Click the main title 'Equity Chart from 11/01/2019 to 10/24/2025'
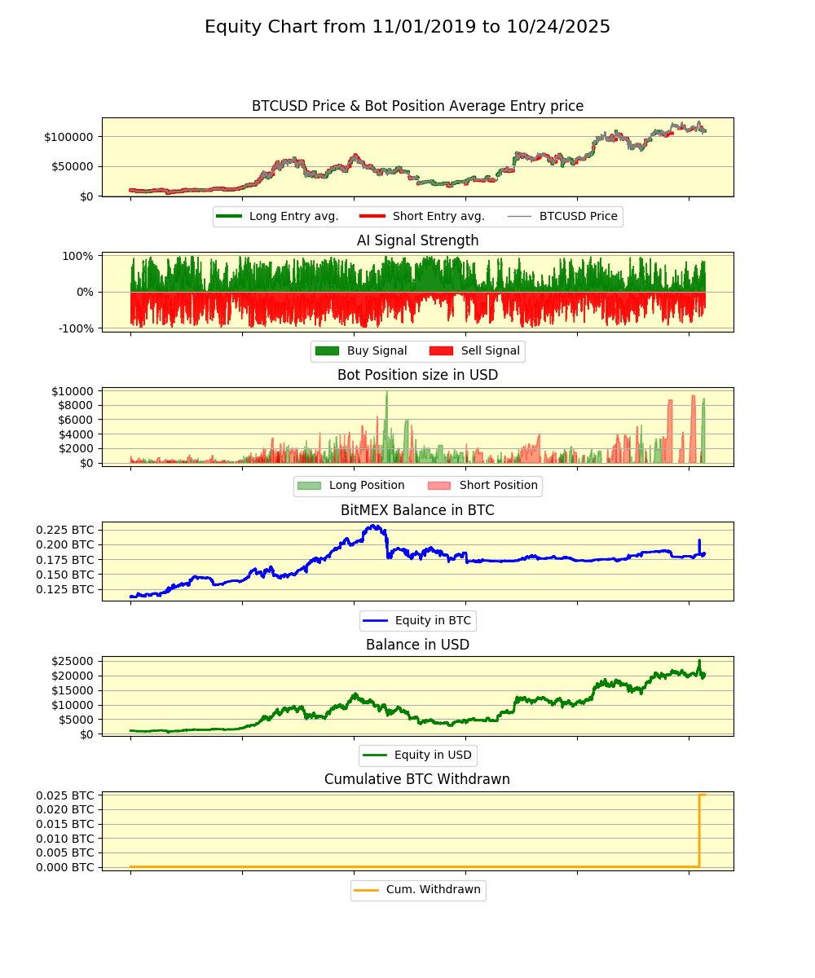click(407, 27)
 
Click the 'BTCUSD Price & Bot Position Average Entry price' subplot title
click(417, 106)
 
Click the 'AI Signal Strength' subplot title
click(417, 240)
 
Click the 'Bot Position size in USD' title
click(417, 375)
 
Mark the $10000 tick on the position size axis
click(73, 391)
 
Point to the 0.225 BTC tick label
click(65, 530)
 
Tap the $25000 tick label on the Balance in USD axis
click(73, 661)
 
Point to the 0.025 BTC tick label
click(65, 795)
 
